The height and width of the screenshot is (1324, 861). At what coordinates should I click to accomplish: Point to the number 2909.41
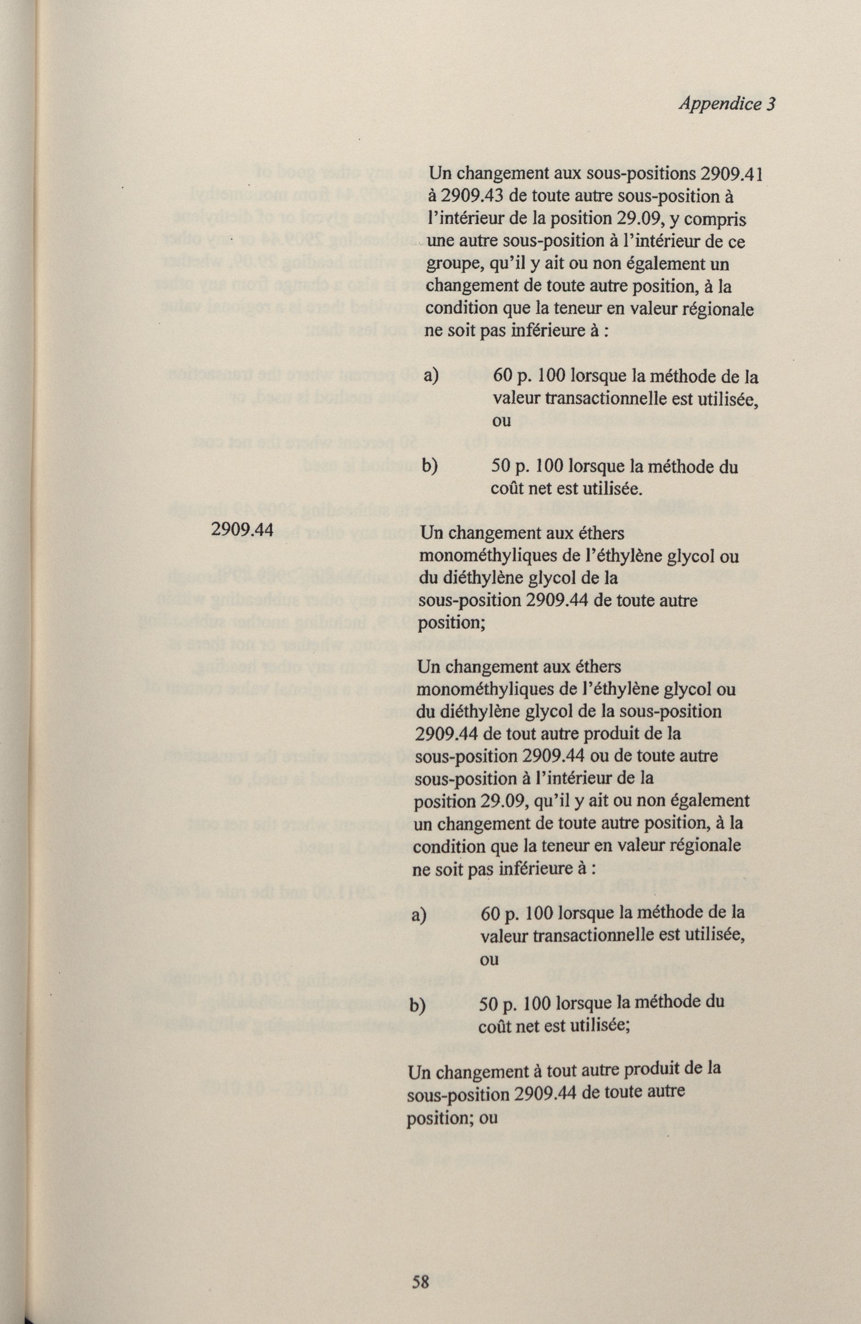click(x=731, y=174)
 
